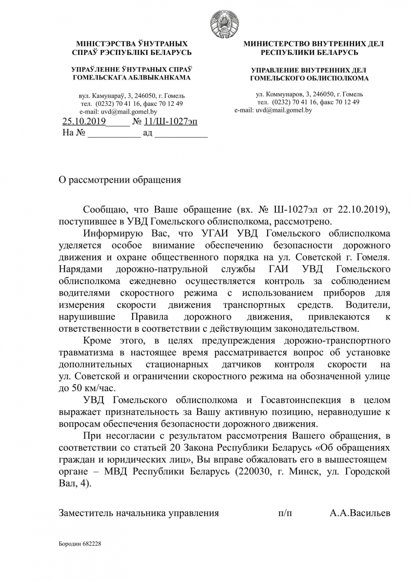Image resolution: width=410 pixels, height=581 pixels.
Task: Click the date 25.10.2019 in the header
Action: (84, 122)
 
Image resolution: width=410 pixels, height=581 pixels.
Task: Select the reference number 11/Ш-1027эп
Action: (171, 122)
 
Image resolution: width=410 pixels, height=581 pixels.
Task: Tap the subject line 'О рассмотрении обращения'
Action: (120, 180)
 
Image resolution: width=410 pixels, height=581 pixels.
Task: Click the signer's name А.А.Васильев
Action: (360, 513)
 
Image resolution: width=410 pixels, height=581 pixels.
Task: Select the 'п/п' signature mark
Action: (285, 513)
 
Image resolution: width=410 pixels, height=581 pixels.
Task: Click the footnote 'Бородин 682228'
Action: (80, 543)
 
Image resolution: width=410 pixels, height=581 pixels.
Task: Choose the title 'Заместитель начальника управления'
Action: (139, 513)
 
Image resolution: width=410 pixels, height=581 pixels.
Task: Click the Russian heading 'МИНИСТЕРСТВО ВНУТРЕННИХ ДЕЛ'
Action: (313, 44)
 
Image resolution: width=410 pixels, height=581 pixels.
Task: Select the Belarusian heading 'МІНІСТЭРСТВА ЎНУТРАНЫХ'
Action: (132, 44)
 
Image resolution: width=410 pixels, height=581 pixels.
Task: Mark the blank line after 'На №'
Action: (114, 134)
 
